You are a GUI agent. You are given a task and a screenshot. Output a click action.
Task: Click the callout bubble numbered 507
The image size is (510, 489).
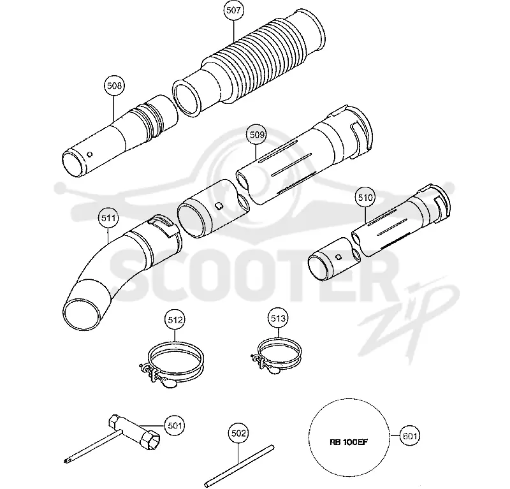click(x=233, y=10)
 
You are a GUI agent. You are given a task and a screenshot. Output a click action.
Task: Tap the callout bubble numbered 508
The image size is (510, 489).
click(x=114, y=85)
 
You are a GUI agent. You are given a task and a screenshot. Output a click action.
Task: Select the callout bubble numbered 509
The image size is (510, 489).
click(x=256, y=135)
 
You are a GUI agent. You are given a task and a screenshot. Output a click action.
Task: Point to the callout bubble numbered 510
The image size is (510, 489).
click(x=365, y=197)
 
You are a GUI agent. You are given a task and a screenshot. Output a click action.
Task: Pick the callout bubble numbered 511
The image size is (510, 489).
click(x=108, y=217)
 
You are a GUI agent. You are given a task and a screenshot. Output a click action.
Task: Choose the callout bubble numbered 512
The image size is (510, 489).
click(x=175, y=320)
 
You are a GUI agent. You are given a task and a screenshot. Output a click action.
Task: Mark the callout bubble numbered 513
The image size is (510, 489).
click(x=278, y=318)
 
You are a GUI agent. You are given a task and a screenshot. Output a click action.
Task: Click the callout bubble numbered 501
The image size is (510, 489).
click(x=174, y=425)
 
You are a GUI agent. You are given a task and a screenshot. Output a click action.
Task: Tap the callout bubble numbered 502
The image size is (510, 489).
click(x=238, y=433)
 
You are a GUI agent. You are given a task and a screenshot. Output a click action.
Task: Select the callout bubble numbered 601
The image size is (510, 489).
click(x=409, y=435)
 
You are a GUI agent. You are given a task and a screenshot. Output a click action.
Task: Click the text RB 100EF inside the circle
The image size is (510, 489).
click(x=349, y=442)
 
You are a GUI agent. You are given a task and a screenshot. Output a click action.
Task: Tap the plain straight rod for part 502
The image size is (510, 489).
click(x=240, y=466)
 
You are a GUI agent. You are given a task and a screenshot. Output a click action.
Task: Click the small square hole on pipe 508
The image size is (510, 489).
click(x=90, y=154)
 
